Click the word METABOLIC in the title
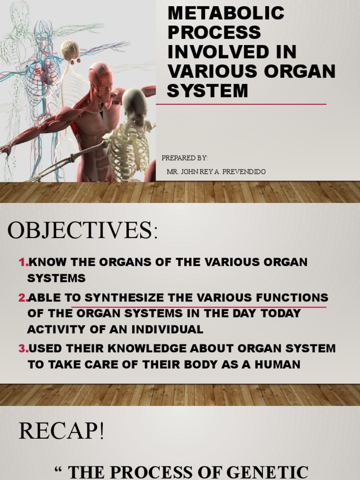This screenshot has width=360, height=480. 225,13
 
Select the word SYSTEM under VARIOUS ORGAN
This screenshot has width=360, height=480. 207,90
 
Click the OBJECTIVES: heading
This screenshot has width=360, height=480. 81,231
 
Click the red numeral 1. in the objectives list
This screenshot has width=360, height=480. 23,262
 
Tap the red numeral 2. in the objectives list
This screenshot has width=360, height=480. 23,298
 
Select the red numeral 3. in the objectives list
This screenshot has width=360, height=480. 23,348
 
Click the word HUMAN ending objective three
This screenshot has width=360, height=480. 277,364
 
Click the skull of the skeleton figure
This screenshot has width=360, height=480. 135,103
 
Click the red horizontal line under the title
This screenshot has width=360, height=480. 241,104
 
